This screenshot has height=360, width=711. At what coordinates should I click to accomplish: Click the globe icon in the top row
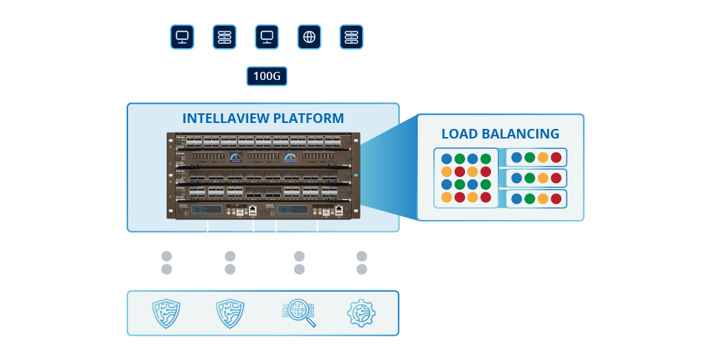[x=309, y=36]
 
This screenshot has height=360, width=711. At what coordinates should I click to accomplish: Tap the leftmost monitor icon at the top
[x=181, y=36]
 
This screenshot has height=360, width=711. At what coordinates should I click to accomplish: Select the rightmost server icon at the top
[x=351, y=36]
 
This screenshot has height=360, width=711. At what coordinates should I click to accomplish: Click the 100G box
[x=267, y=76]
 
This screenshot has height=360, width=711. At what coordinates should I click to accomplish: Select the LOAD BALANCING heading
[x=500, y=134]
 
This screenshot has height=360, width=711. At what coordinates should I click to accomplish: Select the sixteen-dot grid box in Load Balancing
[x=466, y=178]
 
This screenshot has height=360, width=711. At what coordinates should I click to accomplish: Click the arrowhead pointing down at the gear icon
[x=361, y=284]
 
